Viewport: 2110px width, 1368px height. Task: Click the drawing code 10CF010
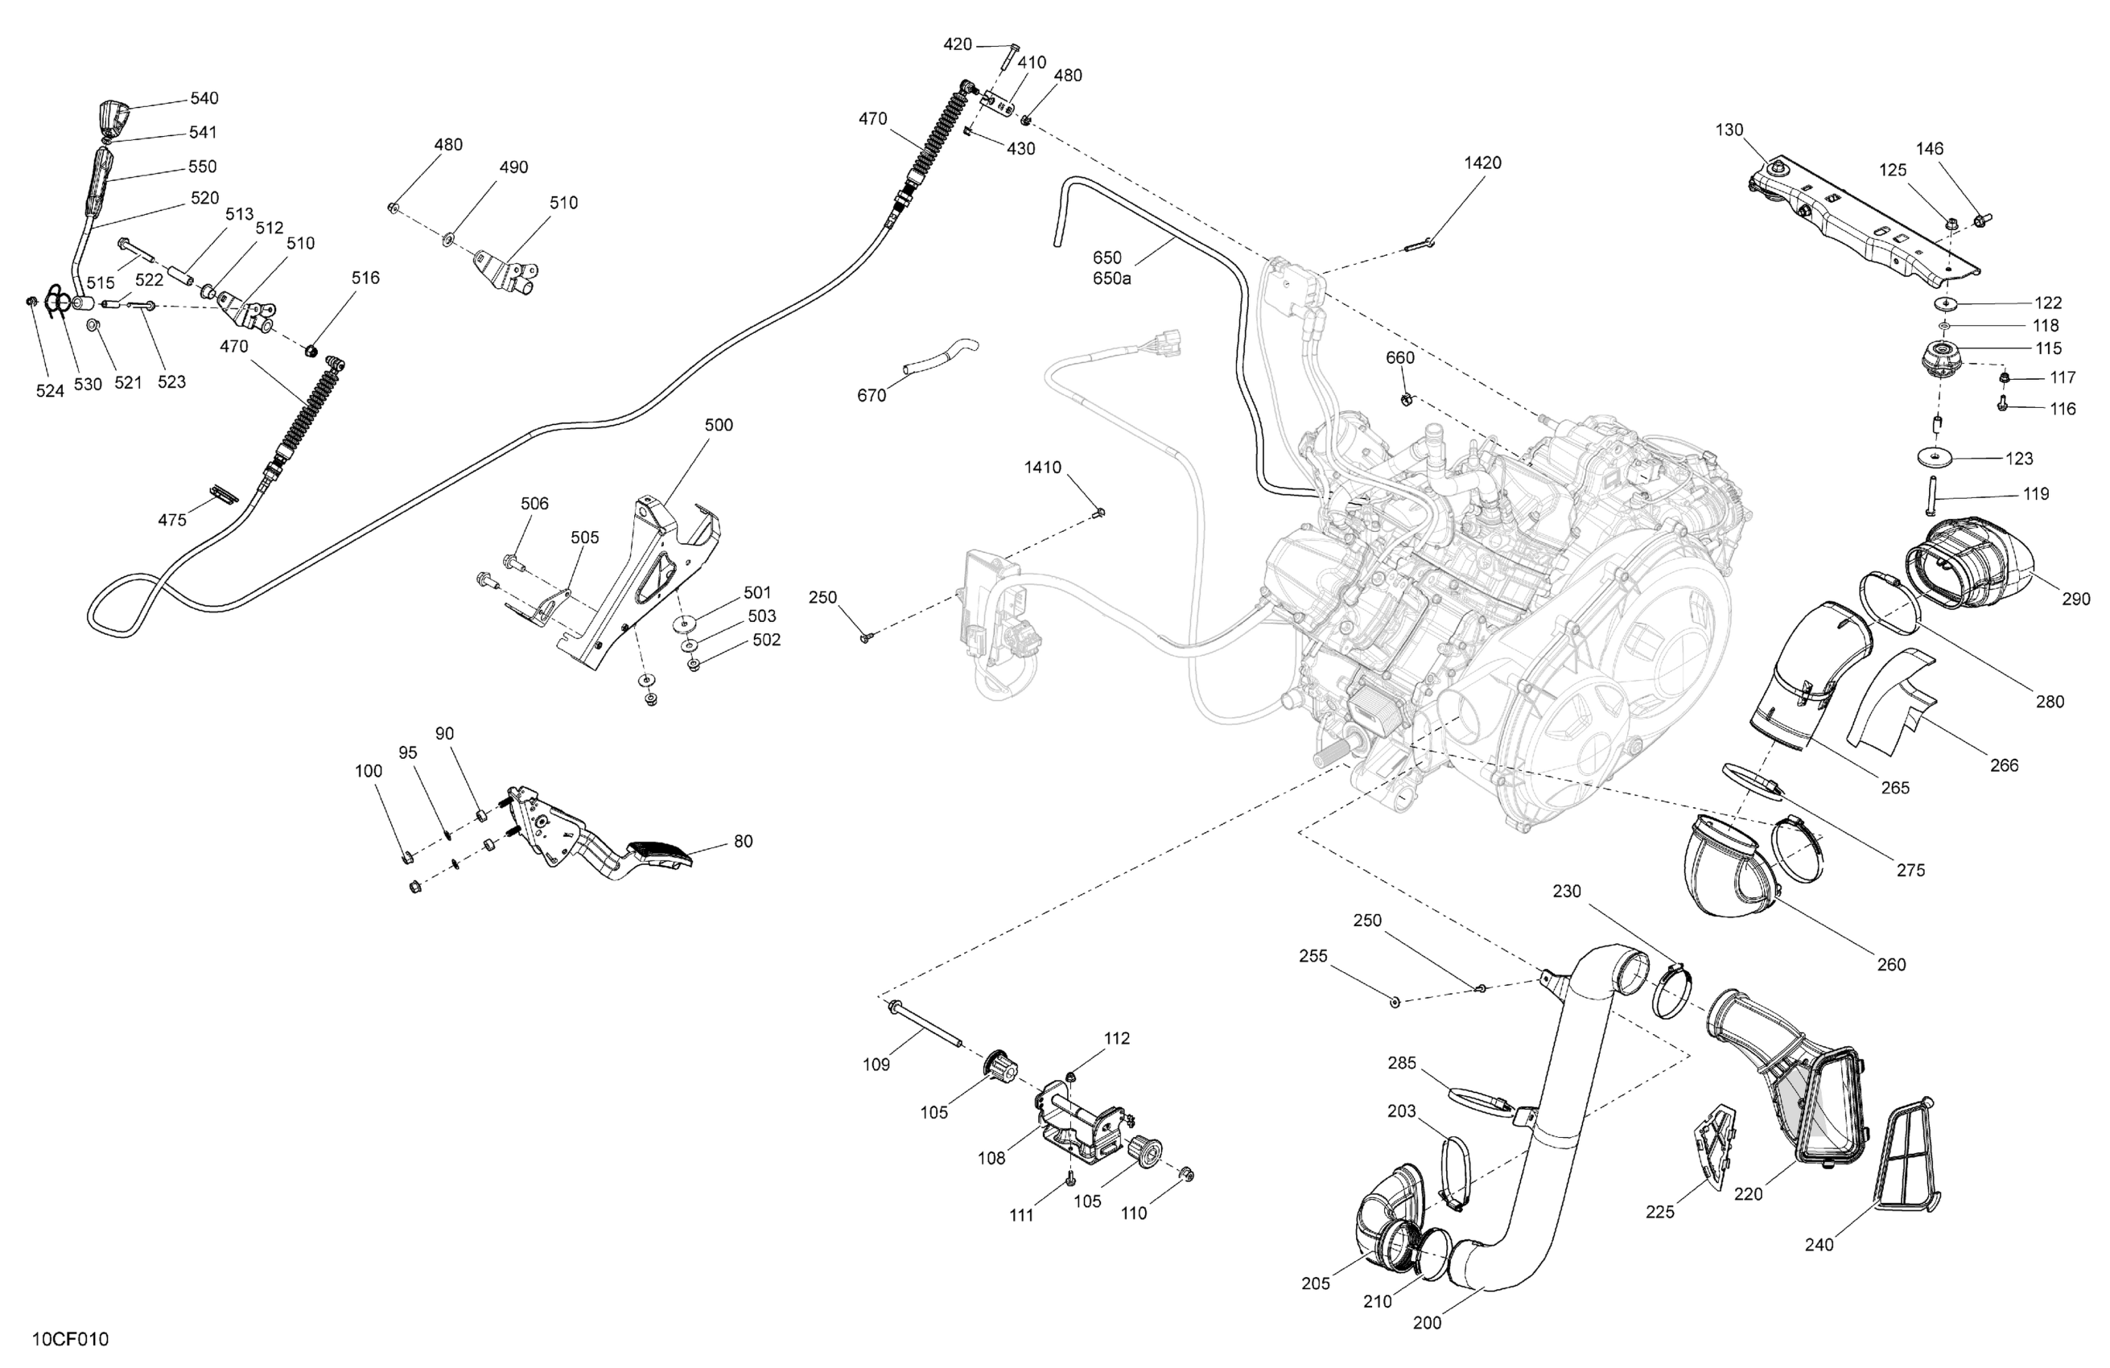coord(70,1339)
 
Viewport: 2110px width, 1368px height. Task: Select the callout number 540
coord(204,98)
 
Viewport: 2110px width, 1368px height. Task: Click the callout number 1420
coord(1482,163)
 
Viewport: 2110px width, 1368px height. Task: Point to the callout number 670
coord(871,395)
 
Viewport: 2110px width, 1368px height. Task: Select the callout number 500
coord(718,426)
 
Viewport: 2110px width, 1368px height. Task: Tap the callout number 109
coord(876,1064)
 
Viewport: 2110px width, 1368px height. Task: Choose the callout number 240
coord(1819,1245)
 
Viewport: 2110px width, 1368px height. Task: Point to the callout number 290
coord(2075,600)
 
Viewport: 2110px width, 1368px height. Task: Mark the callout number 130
coord(1729,130)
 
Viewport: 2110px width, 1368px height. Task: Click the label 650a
coord(1112,278)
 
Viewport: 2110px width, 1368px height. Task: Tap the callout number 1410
coord(1043,468)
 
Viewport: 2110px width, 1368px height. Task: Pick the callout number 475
coord(172,520)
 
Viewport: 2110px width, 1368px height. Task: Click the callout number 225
coord(1659,1212)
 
